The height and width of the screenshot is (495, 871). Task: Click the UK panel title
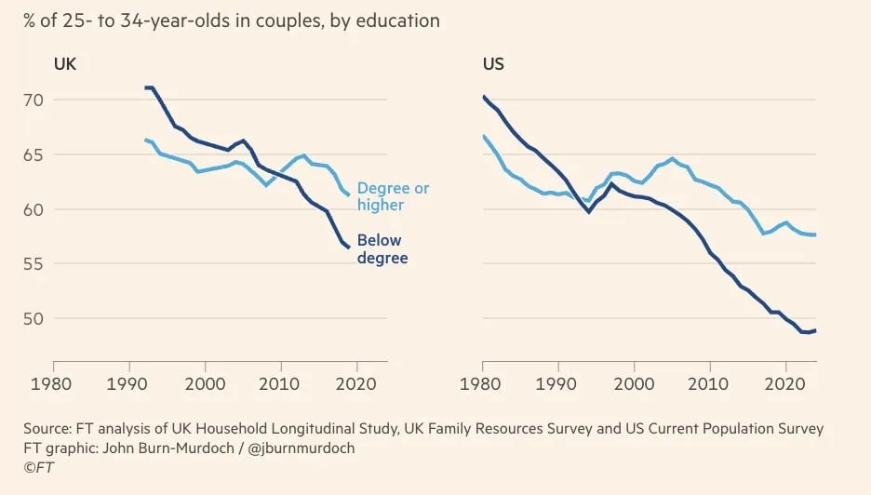65,65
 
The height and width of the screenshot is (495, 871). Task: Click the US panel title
493,65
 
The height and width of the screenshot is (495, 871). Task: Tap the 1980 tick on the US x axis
483,381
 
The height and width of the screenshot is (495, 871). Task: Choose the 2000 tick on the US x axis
634,381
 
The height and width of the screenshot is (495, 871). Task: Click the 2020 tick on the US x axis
785,381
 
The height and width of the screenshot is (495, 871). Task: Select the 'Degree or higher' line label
394,197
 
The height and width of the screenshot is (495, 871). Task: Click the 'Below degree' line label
382,249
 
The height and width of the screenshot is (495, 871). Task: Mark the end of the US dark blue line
816,330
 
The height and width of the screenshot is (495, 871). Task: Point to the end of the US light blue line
816,234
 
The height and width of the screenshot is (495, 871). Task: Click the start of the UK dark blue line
145,87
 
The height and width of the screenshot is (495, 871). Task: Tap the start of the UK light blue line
145,140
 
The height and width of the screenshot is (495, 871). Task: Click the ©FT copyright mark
37,467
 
